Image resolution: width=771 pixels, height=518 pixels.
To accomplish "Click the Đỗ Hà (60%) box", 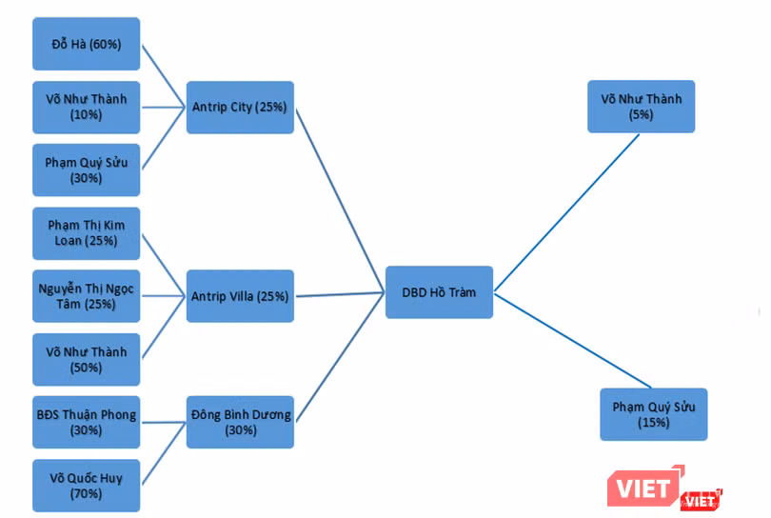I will (86, 44).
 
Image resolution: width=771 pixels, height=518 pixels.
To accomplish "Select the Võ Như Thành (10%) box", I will (86, 107).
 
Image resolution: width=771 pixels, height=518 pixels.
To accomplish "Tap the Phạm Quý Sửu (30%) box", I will (86, 169).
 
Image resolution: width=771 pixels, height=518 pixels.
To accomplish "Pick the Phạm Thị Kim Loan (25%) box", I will (86, 232).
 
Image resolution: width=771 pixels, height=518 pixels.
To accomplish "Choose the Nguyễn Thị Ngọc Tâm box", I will (86, 296).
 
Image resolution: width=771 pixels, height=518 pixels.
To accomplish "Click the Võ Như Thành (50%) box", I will (86, 359).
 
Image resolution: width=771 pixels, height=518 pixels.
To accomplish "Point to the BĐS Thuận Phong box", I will (86, 422).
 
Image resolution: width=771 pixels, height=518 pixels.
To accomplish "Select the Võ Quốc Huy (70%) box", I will (86, 485).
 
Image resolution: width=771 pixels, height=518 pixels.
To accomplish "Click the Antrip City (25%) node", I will (240, 107).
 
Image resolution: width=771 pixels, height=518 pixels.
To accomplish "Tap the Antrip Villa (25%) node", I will (240, 296).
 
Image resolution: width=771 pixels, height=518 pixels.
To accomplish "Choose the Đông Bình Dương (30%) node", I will (240, 422).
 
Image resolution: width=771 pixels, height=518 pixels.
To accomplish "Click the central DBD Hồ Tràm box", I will (439, 291).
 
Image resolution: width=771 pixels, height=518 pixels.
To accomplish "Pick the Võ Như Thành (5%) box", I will (641, 106).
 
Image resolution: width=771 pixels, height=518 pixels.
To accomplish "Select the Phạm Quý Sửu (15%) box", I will (653, 414).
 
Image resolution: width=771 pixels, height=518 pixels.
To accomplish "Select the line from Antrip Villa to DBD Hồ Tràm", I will (340, 294).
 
